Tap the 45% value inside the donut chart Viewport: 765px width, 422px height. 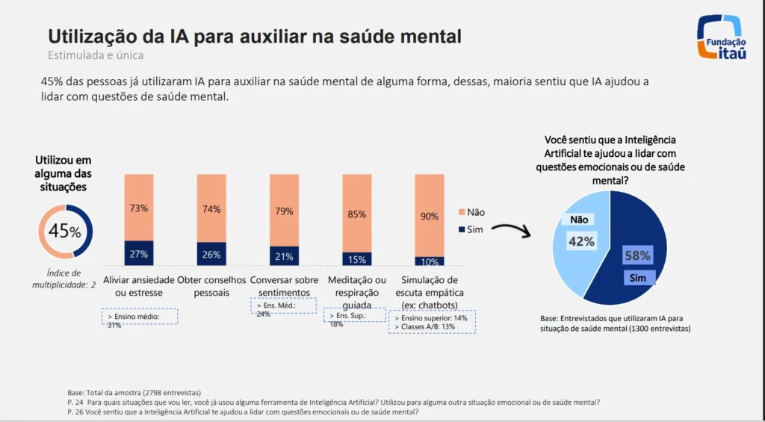[x=65, y=231]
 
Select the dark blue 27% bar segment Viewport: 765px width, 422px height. [x=139, y=253]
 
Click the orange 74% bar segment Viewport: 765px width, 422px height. [x=211, y=208]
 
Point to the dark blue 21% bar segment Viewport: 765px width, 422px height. [x=285, y=256]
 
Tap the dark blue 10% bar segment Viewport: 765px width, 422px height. [x=430, y=261]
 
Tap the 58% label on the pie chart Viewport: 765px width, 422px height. [x=638, y=256]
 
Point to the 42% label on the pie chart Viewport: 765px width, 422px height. [x=582, y=241]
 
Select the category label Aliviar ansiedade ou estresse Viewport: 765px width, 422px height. [x=138, y=286]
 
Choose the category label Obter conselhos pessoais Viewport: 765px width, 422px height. [x=211, y=286]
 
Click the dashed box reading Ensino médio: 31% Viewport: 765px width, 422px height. [x=139, y=320]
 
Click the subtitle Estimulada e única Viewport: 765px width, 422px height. [x=96, y=55]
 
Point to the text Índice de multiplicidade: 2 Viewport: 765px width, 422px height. [x=64, y=279]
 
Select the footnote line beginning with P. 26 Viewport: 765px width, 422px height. [x=243, y=412]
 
